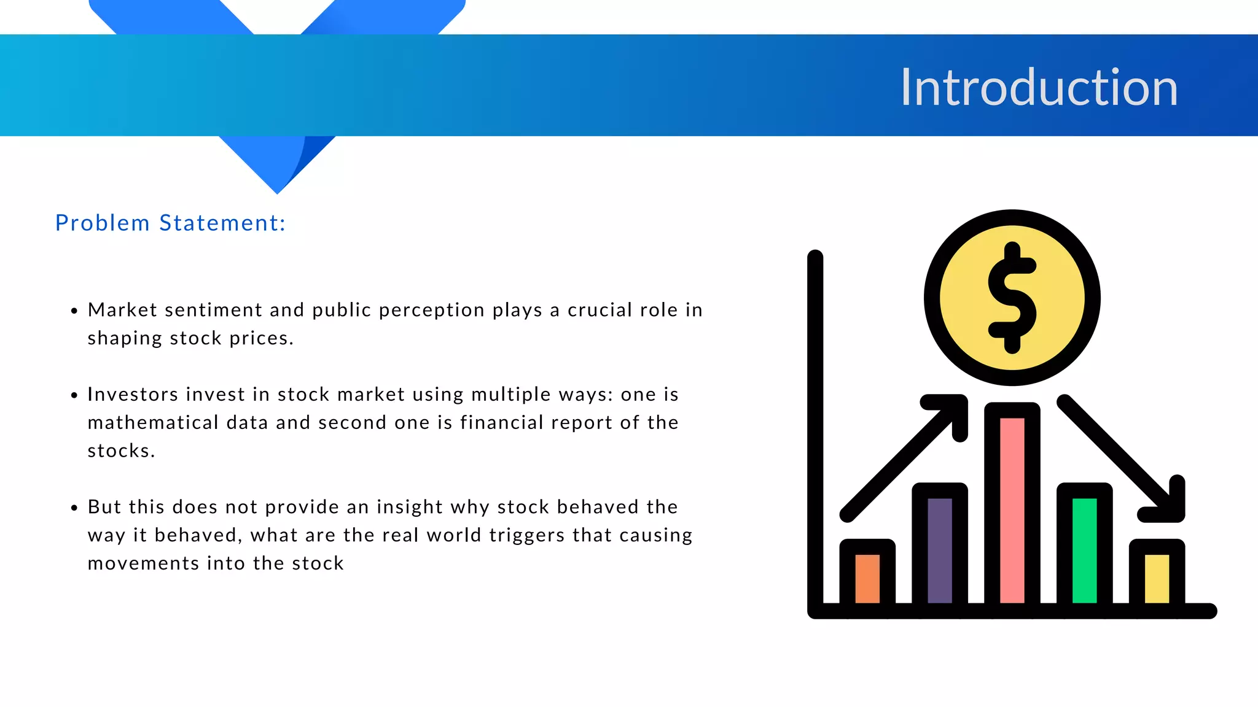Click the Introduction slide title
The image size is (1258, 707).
pos(1039,88)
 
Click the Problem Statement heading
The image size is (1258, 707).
pos(170,223)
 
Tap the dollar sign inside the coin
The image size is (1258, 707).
pos(1012,298)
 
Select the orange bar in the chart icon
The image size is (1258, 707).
pos(867,578)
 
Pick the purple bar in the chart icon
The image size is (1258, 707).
pos(939,550)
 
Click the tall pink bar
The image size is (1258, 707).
pos(1012,509)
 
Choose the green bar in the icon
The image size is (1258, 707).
pos(1084,550)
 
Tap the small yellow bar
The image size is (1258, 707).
pos(1157,578)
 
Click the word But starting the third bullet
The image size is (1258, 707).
pos(104,507)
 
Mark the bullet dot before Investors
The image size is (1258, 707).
pos(74,395)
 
